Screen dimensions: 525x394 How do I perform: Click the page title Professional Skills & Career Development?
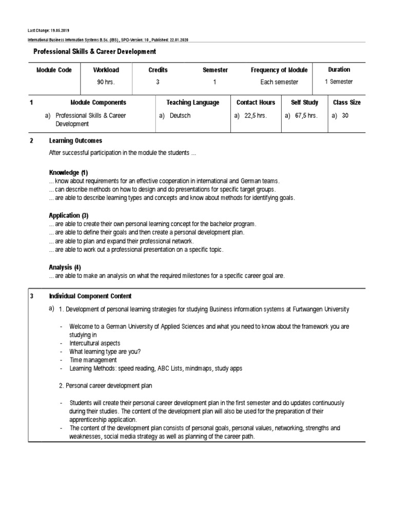click(94, 52)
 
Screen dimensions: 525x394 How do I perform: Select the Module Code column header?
click(54, 70)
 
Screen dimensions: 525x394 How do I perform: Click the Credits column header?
click(158, 70)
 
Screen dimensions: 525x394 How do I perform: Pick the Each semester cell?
click(279, 82)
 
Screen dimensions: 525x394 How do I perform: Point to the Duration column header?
click(339, 70)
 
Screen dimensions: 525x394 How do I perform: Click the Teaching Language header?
click(193, 103)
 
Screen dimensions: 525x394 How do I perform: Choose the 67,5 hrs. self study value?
click(305, 116)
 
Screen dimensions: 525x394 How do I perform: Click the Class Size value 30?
click(345, 116)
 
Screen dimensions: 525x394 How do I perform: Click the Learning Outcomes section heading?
click(75, 140)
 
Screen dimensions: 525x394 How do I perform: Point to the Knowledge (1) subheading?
click(69, 173)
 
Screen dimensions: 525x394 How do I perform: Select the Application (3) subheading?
click(69, 216)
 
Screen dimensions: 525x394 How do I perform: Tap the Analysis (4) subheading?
click(65, 268)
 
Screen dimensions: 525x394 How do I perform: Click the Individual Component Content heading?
click(90, 296)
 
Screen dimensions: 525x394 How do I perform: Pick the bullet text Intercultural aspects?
click(95, 343)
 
